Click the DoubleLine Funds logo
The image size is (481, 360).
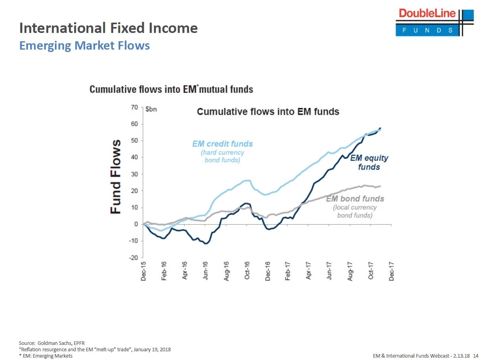(x=434, y=22)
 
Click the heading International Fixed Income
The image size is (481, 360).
(x=108, y=28)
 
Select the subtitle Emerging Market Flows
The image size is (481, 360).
(x=85, y=46)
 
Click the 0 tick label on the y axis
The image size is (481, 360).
(x=135, y=224)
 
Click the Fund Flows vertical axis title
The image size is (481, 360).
(x=116, y=177)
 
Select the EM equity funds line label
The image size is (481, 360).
(x=369, y=162)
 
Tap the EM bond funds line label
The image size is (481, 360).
(x=355, y=198)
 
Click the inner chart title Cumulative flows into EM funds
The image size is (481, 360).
(x=268, y=112)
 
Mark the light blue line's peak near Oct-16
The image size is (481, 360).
(x=247, y=181)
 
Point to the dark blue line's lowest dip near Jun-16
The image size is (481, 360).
(x=205, y=243)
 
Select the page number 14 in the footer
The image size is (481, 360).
(x=475, y=356)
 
